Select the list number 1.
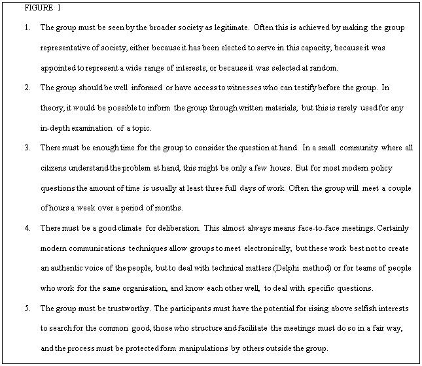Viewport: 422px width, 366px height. (x=26, y=28)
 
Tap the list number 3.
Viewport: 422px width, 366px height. (x=26, y=148)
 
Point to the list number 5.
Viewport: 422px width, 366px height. (x=26, y=308)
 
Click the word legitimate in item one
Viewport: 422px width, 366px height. (x=231, y=28)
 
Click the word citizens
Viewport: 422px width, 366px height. (x=54, y=168)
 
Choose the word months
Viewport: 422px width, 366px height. (x=168, y=208)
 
